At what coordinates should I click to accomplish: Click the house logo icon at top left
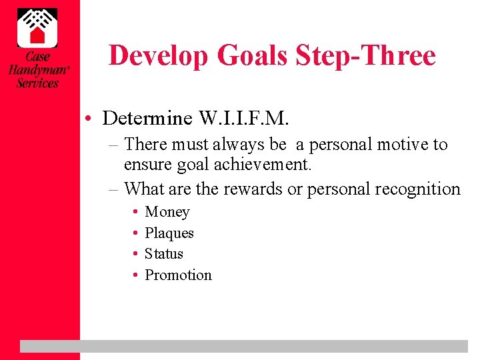click(37, 27)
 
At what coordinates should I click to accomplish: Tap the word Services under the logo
click(37, 83)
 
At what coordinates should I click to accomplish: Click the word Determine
click(147, 119)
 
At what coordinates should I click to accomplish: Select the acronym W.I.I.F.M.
click(244, 119)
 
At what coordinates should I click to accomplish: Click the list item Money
click(167, 212)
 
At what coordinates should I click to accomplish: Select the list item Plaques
click(169, 233)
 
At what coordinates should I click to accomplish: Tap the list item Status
click(164, 254)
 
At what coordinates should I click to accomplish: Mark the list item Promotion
click(178, 275)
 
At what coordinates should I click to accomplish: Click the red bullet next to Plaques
click(135, 233)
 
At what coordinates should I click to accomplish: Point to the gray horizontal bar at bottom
click(243, 346)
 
